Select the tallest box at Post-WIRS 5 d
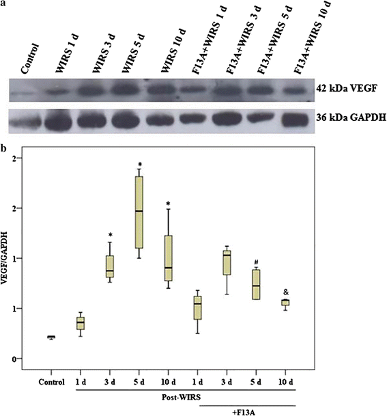pos(139,212)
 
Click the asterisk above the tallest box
pos(139,164)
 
